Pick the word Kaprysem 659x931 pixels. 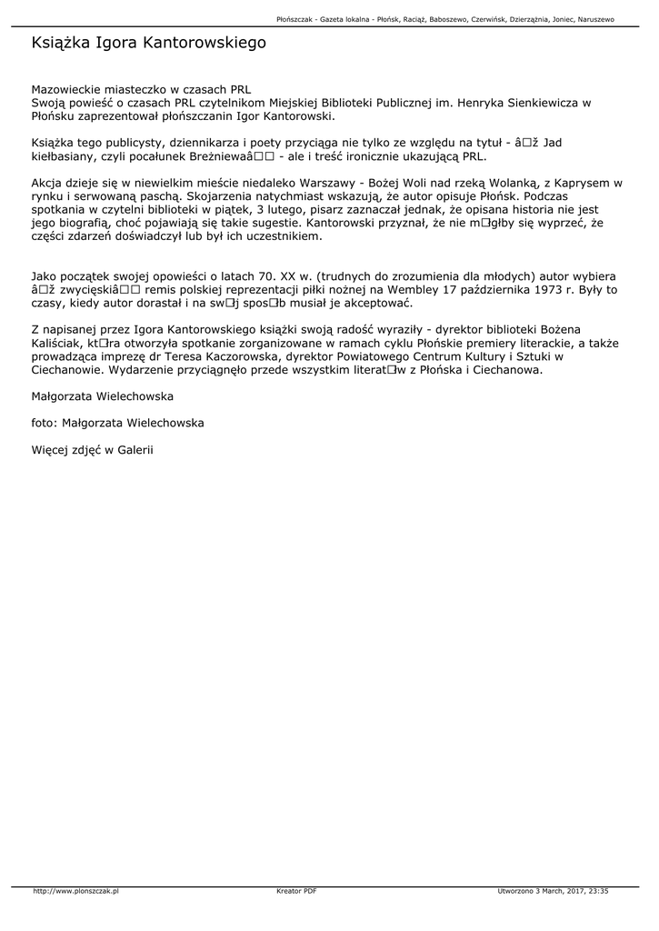pyautogui.click(x=585, y=183)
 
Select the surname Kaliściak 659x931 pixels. pyautogui.click(x=60, y=343)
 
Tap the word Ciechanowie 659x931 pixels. pyautogui.click(x=69, y=370)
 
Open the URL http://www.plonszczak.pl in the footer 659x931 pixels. pyautogui.click(x=76, y=891)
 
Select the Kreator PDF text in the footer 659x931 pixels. pyautogui.click(x=296, y=891)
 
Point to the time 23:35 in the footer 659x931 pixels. pyautogui.click(x=598, y=891)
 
